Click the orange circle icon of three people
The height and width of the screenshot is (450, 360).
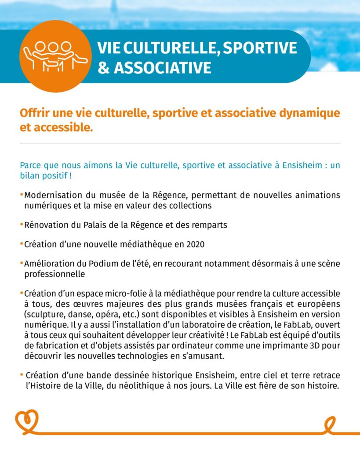point(55,57)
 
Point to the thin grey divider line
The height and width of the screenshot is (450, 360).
point(180,143)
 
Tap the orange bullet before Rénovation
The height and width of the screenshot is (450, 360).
point(22,225)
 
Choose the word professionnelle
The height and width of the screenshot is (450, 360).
point(55,274)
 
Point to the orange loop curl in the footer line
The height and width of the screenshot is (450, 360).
point(330,424)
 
